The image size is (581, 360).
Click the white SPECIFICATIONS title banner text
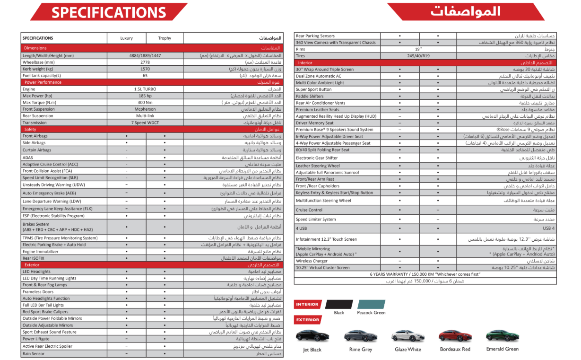pos(109,13)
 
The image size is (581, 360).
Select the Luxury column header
pos(126,38)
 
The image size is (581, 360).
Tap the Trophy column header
pos(165,38)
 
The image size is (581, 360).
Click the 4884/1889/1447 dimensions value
pos(145,55)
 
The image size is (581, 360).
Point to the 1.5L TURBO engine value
pos(145,89)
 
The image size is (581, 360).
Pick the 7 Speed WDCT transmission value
pos(145,123)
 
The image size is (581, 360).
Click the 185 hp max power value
pos(145,96)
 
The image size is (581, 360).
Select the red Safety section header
pos(30,129)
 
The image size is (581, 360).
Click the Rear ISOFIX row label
pos(34,258)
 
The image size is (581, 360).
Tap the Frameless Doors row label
pos(38,292)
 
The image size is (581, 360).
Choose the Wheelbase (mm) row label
pos(39,62)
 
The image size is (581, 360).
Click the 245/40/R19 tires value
pos(418,56)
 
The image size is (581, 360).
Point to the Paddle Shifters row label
pos(310,96)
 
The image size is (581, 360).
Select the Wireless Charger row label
pos(312,261)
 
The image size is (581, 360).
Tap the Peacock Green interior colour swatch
pos(372,304)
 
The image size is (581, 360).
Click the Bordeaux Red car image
pos(455,336)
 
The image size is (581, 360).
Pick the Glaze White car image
pos(408,336)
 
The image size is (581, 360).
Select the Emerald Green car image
pos(503,336)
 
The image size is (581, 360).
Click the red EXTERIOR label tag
pos(307,320)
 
